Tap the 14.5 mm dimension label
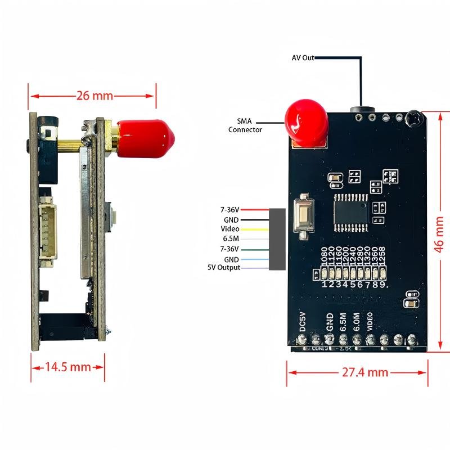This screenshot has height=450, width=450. tap(67, 367)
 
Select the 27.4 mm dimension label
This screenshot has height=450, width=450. tap(365, 372)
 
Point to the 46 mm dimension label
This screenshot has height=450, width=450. tap(440, 232)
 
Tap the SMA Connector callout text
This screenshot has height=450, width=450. tap(245, 125)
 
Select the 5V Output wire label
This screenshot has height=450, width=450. tap(224, 268)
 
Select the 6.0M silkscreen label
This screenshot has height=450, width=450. tap(356, 321)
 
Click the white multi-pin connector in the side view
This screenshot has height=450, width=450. tap(48, 231)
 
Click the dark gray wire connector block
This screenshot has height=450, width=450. tap(277, 239)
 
